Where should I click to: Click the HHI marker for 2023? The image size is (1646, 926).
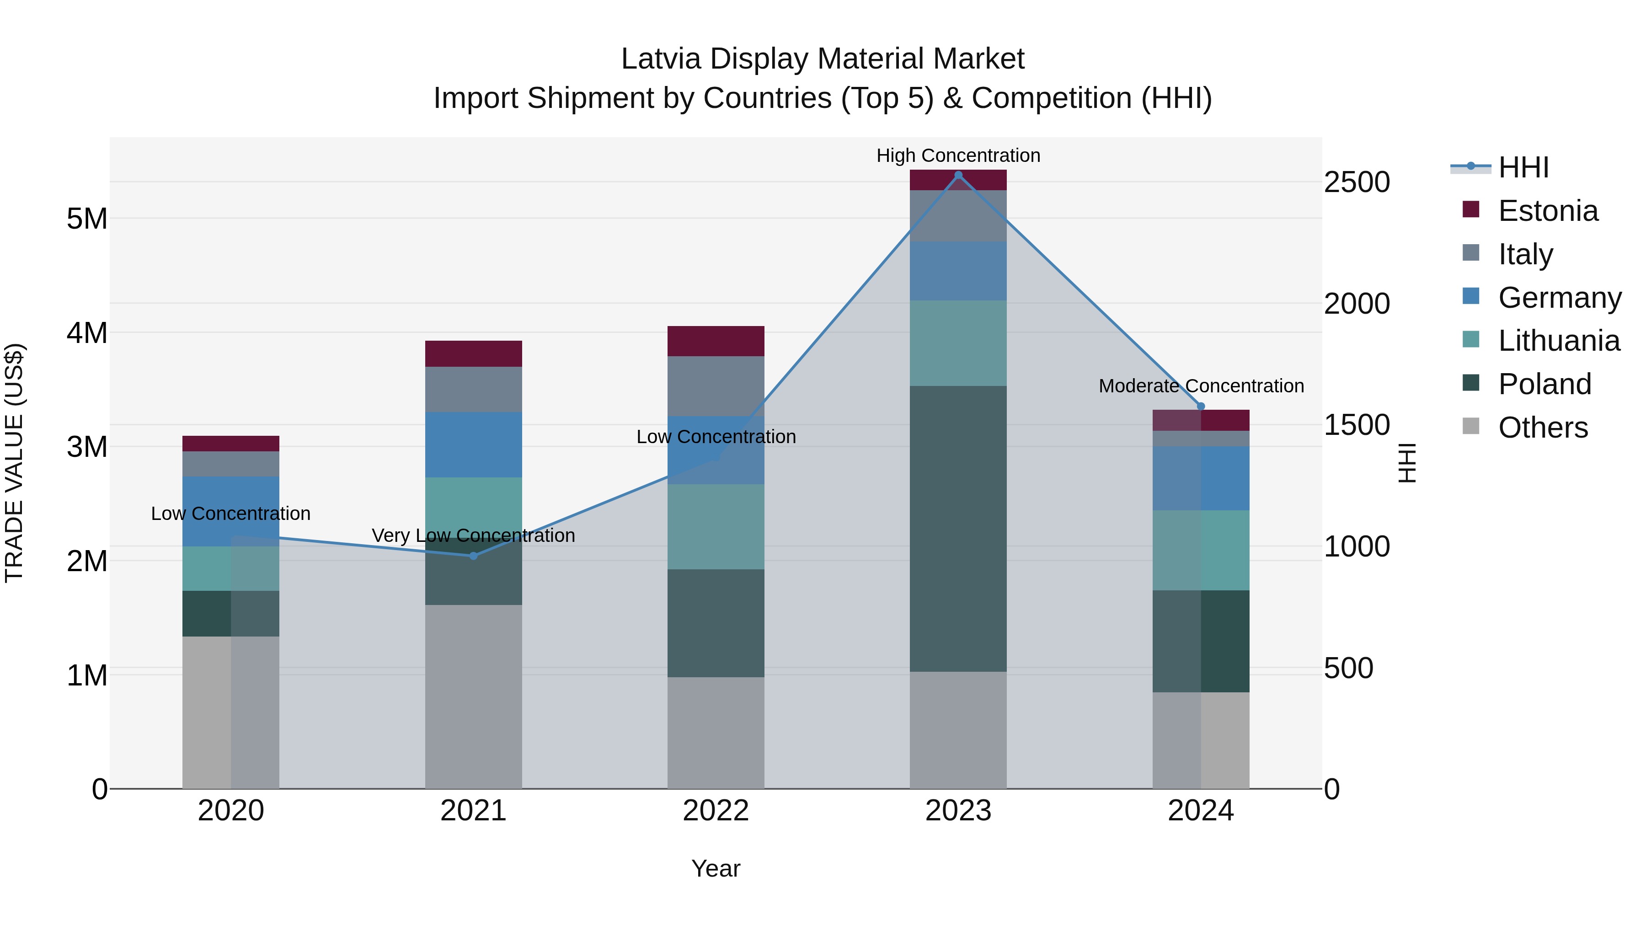958,175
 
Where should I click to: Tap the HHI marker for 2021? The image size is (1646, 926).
474,556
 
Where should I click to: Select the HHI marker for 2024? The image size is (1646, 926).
1201,407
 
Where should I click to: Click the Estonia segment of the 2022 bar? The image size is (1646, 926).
716,341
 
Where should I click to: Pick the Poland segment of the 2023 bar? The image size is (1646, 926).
958,529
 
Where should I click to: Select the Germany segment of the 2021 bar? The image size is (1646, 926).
474,445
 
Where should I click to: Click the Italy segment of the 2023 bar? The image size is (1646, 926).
958,216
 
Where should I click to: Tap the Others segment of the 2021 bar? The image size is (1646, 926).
474,696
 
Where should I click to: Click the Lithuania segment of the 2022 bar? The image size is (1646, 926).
716,527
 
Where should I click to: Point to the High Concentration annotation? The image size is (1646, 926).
958,155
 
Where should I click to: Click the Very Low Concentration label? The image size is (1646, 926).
474,535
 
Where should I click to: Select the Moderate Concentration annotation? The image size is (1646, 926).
1201,386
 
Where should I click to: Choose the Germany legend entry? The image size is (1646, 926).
1559,298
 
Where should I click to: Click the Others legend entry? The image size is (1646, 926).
1543,428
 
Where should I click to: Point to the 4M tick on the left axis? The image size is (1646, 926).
87,333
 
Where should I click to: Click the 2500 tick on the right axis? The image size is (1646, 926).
1357,182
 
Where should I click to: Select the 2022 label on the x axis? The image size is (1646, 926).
716,811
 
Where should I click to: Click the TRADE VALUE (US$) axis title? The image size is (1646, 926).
15,463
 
